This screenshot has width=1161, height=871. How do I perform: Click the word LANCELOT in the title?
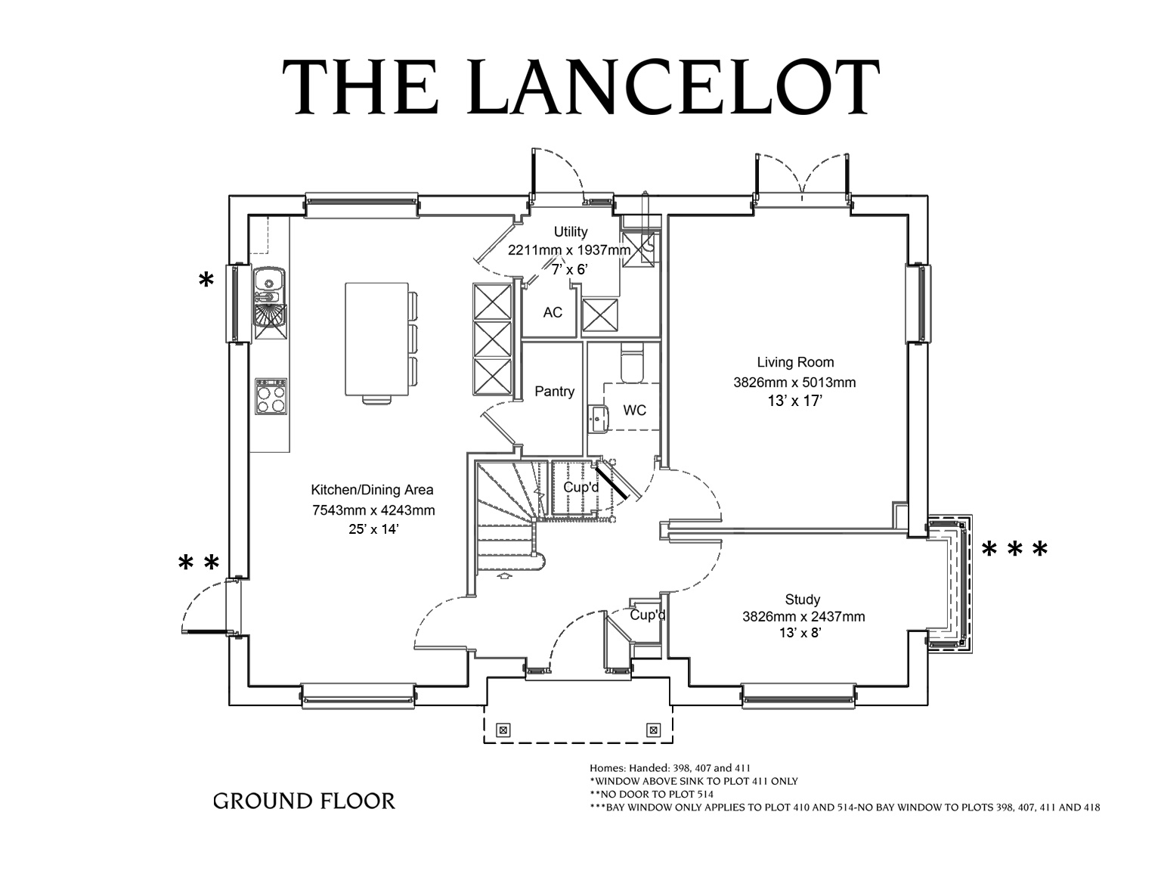click(x=673, y=87)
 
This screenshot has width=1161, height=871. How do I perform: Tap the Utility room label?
click(x=571, y=231)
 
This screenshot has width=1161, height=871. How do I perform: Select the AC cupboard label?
click(x=553, y=312)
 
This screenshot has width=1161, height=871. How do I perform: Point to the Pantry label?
click(x=554, y=392)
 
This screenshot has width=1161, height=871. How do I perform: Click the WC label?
click(x=635, y=411)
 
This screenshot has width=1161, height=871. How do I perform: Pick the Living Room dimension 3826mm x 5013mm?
click(x=794, y=383)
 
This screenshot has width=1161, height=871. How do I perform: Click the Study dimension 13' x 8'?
click(x=800, y=633)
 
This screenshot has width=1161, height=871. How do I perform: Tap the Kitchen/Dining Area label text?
click(x=373, y=490)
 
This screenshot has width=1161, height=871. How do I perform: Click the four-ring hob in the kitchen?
click(x=271, y=397)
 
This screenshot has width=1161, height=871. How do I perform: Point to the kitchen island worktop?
click(x=376, y=339)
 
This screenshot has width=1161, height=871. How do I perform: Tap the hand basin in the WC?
click(x=599, y=420)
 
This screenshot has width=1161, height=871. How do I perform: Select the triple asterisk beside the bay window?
click(x=1014, y=550)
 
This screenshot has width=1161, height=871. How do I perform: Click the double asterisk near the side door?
click(x=199, y=563)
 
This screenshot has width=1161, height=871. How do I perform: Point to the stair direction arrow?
click(x=505, y=576)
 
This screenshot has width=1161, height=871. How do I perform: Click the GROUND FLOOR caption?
click(x=304, y=801)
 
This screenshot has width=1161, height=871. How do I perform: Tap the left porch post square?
click(x=503, y=730)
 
